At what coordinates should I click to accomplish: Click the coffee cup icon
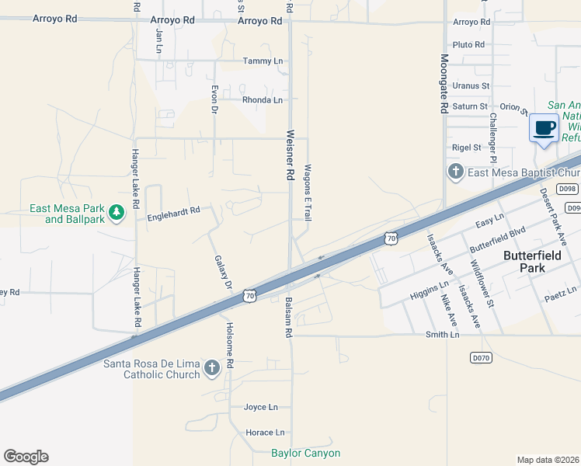[544, 127]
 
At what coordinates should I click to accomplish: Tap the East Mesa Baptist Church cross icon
[455, 171]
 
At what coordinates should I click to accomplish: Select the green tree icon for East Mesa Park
[117, 212]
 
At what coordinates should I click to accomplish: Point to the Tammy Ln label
[263, 61]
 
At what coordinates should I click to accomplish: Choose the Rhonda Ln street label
[263, 100]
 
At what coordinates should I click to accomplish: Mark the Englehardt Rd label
[174, 210]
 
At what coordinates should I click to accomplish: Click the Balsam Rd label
[287, 318]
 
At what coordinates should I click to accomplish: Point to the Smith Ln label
[442, 335]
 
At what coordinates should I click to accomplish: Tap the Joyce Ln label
[260, 407]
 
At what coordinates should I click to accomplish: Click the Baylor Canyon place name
[305, 453]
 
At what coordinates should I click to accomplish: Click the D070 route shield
[482, 357]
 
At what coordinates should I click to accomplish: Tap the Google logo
[26, 457]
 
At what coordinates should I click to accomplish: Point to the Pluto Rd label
[468, 45]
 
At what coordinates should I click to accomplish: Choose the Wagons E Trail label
[308, 192]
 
